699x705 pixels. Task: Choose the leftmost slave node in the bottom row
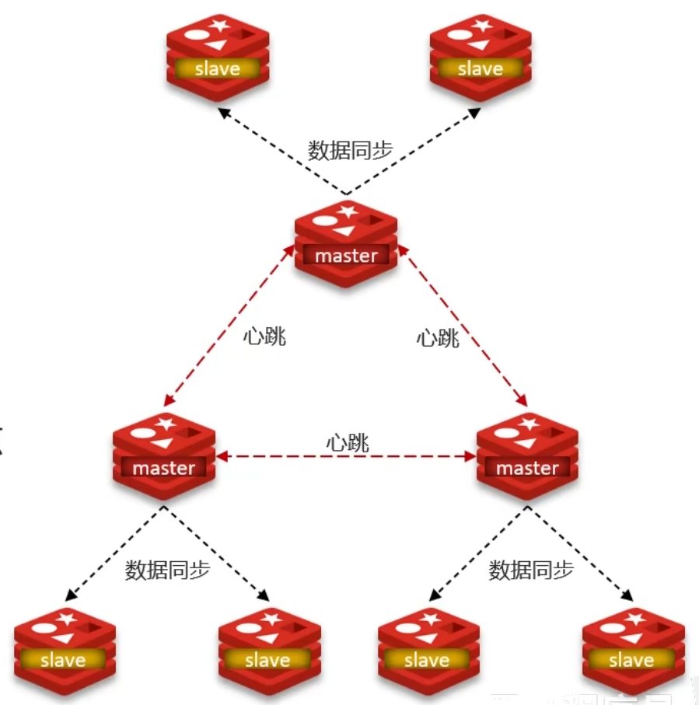point(64,650)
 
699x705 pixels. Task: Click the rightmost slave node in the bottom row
point(632,650)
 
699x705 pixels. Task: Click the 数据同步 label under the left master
point(167,570)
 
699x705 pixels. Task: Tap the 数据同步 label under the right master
point(531,570)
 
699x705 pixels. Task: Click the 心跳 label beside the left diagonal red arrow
point(264,337)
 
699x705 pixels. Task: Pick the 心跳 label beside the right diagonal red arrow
point(438,338)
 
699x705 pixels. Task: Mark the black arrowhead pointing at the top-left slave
point(224,113)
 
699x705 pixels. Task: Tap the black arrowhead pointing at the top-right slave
point(474,113)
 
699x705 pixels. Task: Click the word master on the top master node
point(346,255)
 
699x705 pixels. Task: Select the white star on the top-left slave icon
point(219,26)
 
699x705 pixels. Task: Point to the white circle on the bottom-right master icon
point(508,433)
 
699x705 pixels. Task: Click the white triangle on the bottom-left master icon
point(163,443)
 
